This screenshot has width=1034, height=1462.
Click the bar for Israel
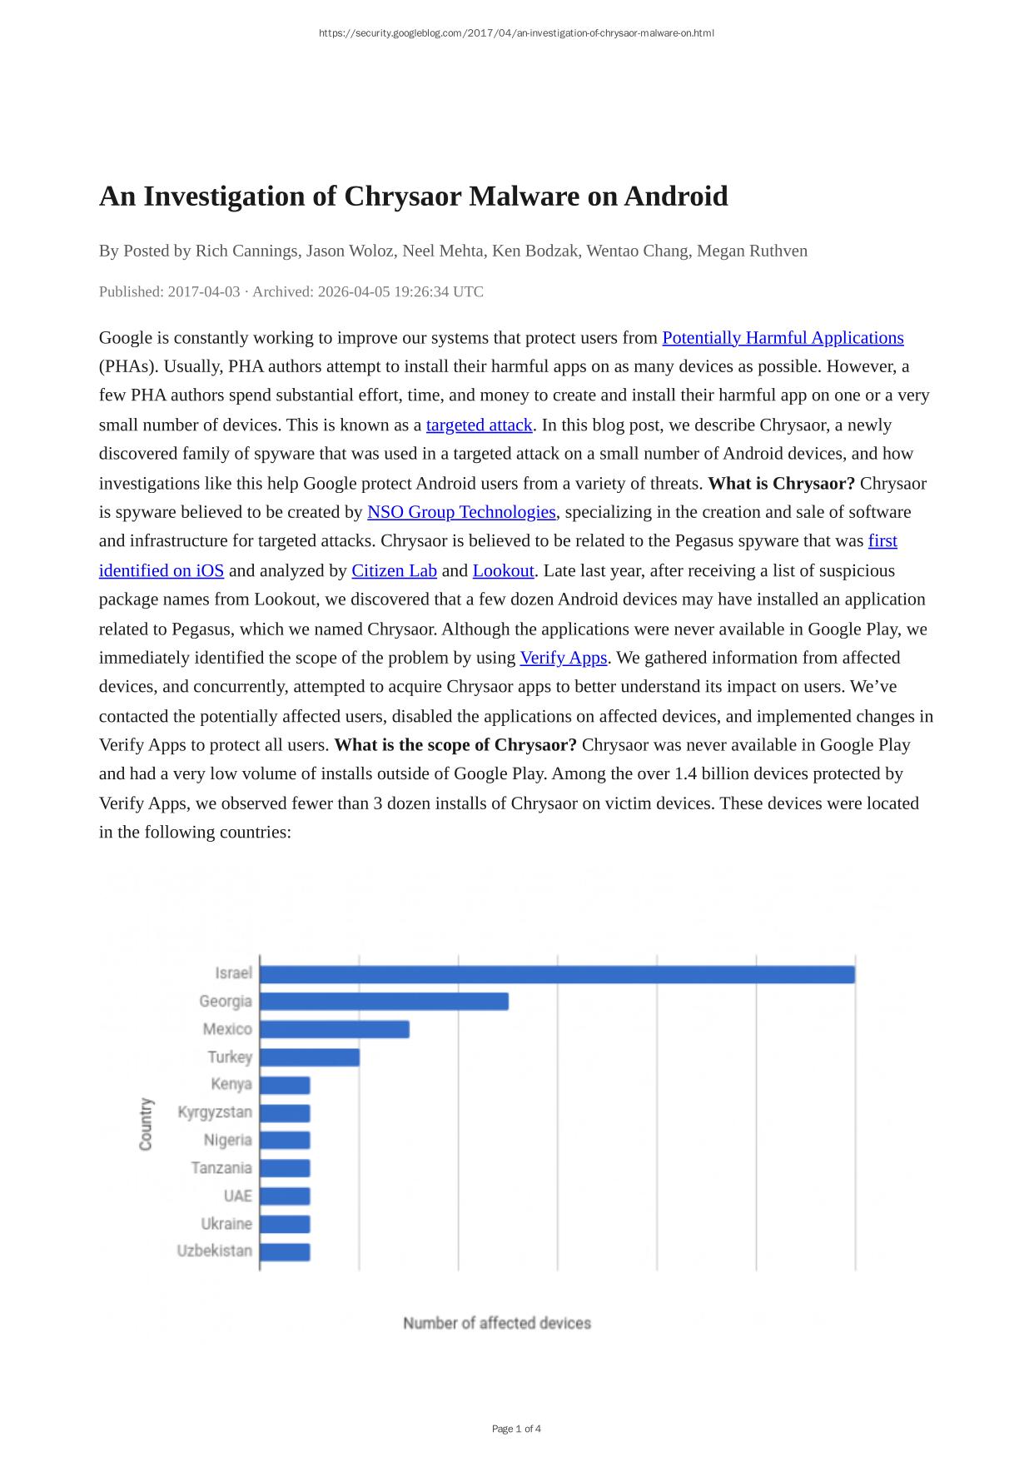[557, 974]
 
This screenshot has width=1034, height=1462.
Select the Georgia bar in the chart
[384, 1002]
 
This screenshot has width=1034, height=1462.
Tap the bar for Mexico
[335, 1030]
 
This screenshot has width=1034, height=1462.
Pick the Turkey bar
[310, 1057]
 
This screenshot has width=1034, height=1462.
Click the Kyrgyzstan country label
[215, 1112]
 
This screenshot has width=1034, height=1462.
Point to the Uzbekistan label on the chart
[215, 1251]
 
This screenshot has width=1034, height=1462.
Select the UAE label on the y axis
[237, 1196]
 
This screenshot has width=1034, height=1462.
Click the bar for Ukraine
[286, 1224]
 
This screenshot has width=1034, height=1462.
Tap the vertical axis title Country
[147, 1124]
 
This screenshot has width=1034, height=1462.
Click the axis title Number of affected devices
[497, 1323]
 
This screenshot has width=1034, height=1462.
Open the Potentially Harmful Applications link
[783, 338]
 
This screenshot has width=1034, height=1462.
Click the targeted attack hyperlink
[479, 425]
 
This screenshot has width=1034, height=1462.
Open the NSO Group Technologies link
[461, 512]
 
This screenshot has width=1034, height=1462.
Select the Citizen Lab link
[394, 571]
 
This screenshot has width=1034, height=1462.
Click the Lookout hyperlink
[503, 571]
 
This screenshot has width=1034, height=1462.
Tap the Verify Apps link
[564, 658]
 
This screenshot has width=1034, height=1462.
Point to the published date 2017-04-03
[204, 292]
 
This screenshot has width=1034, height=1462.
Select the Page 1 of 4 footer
[516, 1429]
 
